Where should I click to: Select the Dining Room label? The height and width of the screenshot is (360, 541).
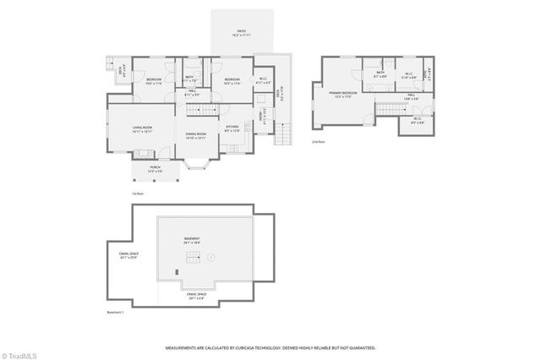[195, 137]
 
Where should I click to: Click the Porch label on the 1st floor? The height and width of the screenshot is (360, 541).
[155, 169]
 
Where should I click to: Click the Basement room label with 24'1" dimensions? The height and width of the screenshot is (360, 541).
[194, 241]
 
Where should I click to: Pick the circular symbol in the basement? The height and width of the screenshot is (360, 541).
[212, 257]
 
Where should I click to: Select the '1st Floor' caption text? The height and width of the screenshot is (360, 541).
[137, 194]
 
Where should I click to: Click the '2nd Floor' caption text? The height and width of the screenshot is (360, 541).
[319, 142]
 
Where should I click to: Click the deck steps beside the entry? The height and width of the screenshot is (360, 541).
[283, 135]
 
